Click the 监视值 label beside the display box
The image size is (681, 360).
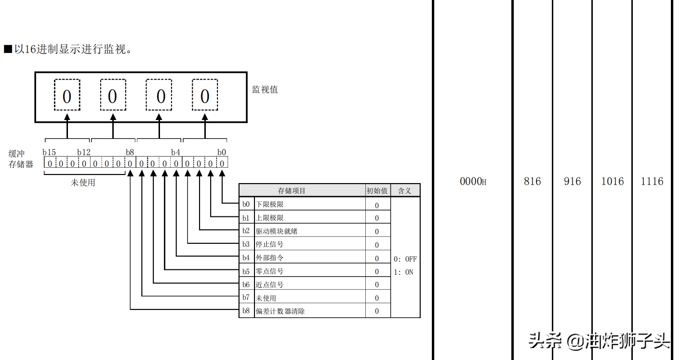[x=265, y=90]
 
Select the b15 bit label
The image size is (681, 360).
[x=49, y=152]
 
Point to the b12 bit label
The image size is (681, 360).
[x=84, y=152]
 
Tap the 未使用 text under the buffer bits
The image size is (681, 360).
[x=83, y=183]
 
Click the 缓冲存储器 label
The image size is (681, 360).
[x=21, y=159]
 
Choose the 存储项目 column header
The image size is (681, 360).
[x=292, y=191]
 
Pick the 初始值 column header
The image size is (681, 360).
[x=377, y=191]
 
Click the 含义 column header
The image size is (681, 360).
[x=404, y=191]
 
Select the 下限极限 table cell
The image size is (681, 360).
[x=269, y=205]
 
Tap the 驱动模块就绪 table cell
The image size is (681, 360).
[x=276, y=231]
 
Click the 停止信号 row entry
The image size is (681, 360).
[x=269, y=245]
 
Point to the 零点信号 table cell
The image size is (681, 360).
[x=269, y=271]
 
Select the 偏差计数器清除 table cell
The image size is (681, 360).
[x=280, y=311]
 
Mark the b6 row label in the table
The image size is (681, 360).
[x=246, y=285]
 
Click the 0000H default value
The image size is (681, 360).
[x=473, y=182]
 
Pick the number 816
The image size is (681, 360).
[x=532, y=182]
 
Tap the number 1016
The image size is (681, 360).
[x=612, y=182]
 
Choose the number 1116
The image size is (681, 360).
[x=652, y=182]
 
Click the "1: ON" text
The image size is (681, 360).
[x=403, y=272]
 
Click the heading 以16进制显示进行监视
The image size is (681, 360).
[x=72, y=49]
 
